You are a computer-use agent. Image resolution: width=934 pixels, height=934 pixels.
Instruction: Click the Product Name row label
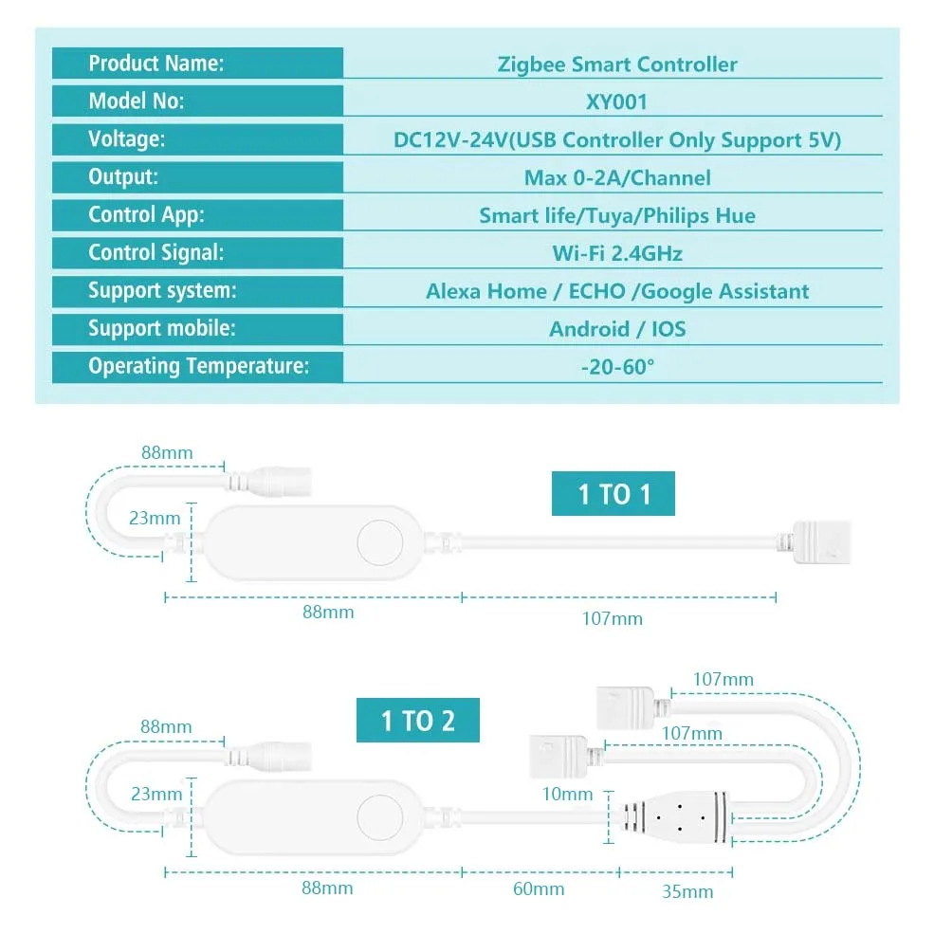[156, 64]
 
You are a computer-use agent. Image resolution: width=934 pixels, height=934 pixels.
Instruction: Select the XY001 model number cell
[616, 102]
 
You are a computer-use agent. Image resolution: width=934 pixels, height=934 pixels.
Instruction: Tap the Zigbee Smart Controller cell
[616, 64]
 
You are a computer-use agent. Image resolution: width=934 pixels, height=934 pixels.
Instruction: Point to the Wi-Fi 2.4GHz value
[616, 253]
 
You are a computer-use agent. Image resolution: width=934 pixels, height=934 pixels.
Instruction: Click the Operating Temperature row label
[199, 367]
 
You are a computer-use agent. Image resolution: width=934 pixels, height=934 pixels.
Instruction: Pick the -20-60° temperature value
[616, 367]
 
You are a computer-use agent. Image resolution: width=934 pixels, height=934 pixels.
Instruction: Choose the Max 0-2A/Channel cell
[616, 177]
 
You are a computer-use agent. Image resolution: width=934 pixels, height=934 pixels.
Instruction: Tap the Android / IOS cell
[616, 329]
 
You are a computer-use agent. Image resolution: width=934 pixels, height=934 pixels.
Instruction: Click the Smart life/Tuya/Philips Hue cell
[616, 215]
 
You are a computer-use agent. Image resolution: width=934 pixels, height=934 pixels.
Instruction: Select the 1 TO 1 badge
[614, 494]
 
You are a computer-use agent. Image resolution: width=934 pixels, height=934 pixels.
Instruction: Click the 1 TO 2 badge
[417, 721]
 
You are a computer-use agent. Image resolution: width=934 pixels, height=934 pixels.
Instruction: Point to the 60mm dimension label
[539, 888]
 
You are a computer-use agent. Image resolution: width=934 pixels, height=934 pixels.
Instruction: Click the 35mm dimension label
[687, 891]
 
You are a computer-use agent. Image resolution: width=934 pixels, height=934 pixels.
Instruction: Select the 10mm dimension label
[569, 795]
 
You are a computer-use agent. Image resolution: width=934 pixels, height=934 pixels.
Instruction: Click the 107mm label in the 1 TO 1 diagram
[612, 618]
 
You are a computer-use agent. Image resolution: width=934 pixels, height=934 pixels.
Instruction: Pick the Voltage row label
[127, 139]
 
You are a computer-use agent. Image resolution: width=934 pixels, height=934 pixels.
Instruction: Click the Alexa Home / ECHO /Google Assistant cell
[616, 291]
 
